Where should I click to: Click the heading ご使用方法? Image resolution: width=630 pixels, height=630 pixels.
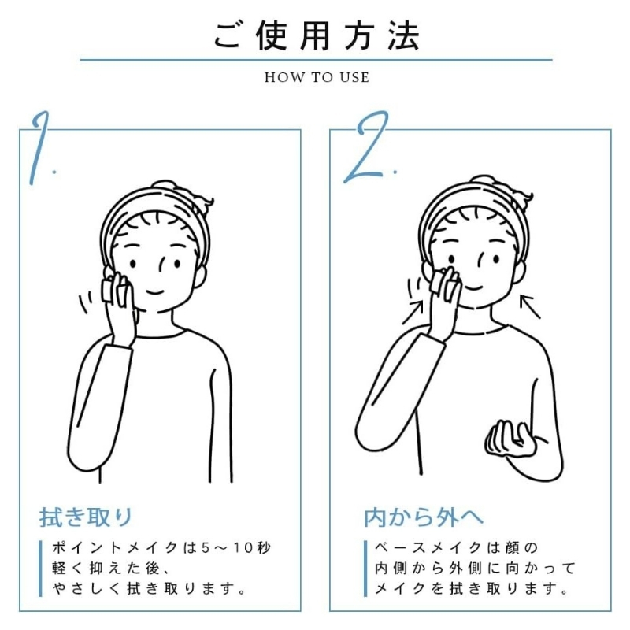[316, 35]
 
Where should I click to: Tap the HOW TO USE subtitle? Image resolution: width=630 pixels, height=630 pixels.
[316, 77]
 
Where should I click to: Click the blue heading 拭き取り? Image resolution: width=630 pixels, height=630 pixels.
[87, 517]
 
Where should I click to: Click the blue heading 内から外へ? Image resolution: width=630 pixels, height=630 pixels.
[424, 517]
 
